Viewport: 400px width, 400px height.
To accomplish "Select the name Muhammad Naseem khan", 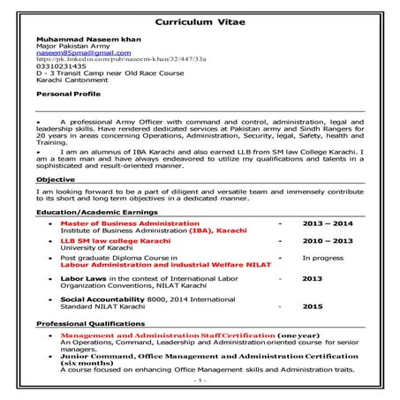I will click(x=81, y=41).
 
